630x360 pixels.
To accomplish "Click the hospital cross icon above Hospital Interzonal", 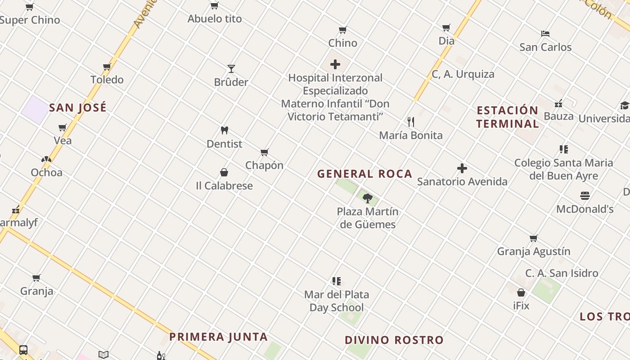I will coord(335,64).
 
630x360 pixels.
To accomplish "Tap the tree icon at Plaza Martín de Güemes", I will coord(368,198).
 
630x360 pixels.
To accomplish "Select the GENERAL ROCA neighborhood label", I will coord(364,174).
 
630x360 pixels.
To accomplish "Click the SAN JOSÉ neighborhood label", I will coord(78,108).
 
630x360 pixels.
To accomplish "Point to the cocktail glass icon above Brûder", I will coord(231,69).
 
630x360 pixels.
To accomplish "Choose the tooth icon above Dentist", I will coord(225,130).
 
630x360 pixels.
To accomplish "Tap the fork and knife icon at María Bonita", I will coord(410,122).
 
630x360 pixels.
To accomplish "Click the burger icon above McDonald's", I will coord(585,196).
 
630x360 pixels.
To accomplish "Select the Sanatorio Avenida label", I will coord(462,181).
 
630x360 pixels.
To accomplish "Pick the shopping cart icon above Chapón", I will coord(265,152).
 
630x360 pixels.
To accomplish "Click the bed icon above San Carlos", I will coord(545,34).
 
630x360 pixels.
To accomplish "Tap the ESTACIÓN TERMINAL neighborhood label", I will coord(508,117).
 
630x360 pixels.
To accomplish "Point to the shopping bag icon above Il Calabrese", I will coord(224,172).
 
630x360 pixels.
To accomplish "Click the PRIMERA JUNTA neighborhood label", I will coord(219,337).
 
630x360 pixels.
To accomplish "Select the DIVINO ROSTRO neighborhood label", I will coord(394,340).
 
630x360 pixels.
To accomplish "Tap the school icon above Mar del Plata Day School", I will coord(336,281).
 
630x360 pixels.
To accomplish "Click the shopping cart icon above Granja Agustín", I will coord(533,238).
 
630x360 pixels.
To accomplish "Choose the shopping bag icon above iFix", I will coord(521,292).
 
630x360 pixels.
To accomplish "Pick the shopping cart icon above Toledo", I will coord(107,67).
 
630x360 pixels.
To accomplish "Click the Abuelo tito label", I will coord(215,19).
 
